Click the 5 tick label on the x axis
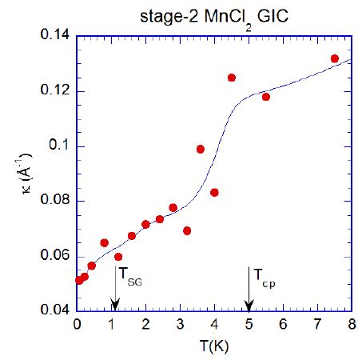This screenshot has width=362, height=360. coord(249,324)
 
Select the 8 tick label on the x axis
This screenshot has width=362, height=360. coord(351,324)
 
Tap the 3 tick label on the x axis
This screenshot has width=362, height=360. coord(180,324)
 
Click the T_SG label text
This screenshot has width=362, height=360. coord(132,276)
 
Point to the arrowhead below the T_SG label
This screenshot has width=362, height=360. coord(115,306)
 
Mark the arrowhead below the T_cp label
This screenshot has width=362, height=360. coord(249,306)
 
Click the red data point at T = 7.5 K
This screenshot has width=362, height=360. coord(334,58)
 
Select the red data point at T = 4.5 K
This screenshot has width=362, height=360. coord(232,78)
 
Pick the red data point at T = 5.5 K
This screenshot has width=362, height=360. coord(265,97)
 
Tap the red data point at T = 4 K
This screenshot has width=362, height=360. coord(214,192)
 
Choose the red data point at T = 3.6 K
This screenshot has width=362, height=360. coord(201,149)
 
